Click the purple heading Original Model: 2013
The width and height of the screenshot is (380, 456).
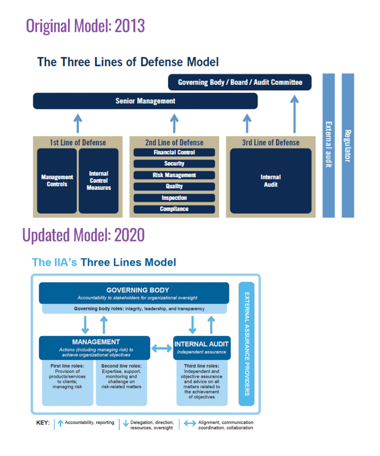(x=85, y=25)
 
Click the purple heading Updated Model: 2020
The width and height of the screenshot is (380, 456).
(x=84, y=235)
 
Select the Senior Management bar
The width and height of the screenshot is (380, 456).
(x=145, y=101)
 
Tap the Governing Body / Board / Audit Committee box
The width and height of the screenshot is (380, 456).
(x=240, y=82)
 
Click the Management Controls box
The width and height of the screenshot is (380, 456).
(x=57, y=181)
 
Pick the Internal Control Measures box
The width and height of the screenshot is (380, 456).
(x=98, y=181)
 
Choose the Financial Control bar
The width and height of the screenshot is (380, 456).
(x=174, y=153)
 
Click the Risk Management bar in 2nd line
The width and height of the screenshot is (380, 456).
(x=174, y=175)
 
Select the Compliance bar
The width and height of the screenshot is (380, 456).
(x=174, y=209)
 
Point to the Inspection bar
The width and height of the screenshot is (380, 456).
(x=174, y=198)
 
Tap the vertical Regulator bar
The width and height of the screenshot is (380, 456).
(x=348, y=145)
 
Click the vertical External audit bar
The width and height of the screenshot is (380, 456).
(x=328, y=145)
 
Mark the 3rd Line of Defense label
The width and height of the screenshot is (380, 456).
(x=271, y=142)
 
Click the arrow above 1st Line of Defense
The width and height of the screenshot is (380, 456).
(x=78, y=123)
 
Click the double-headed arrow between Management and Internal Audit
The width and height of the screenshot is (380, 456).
(x=162, y=348)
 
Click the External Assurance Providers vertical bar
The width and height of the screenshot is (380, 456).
(x=246, y=344)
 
